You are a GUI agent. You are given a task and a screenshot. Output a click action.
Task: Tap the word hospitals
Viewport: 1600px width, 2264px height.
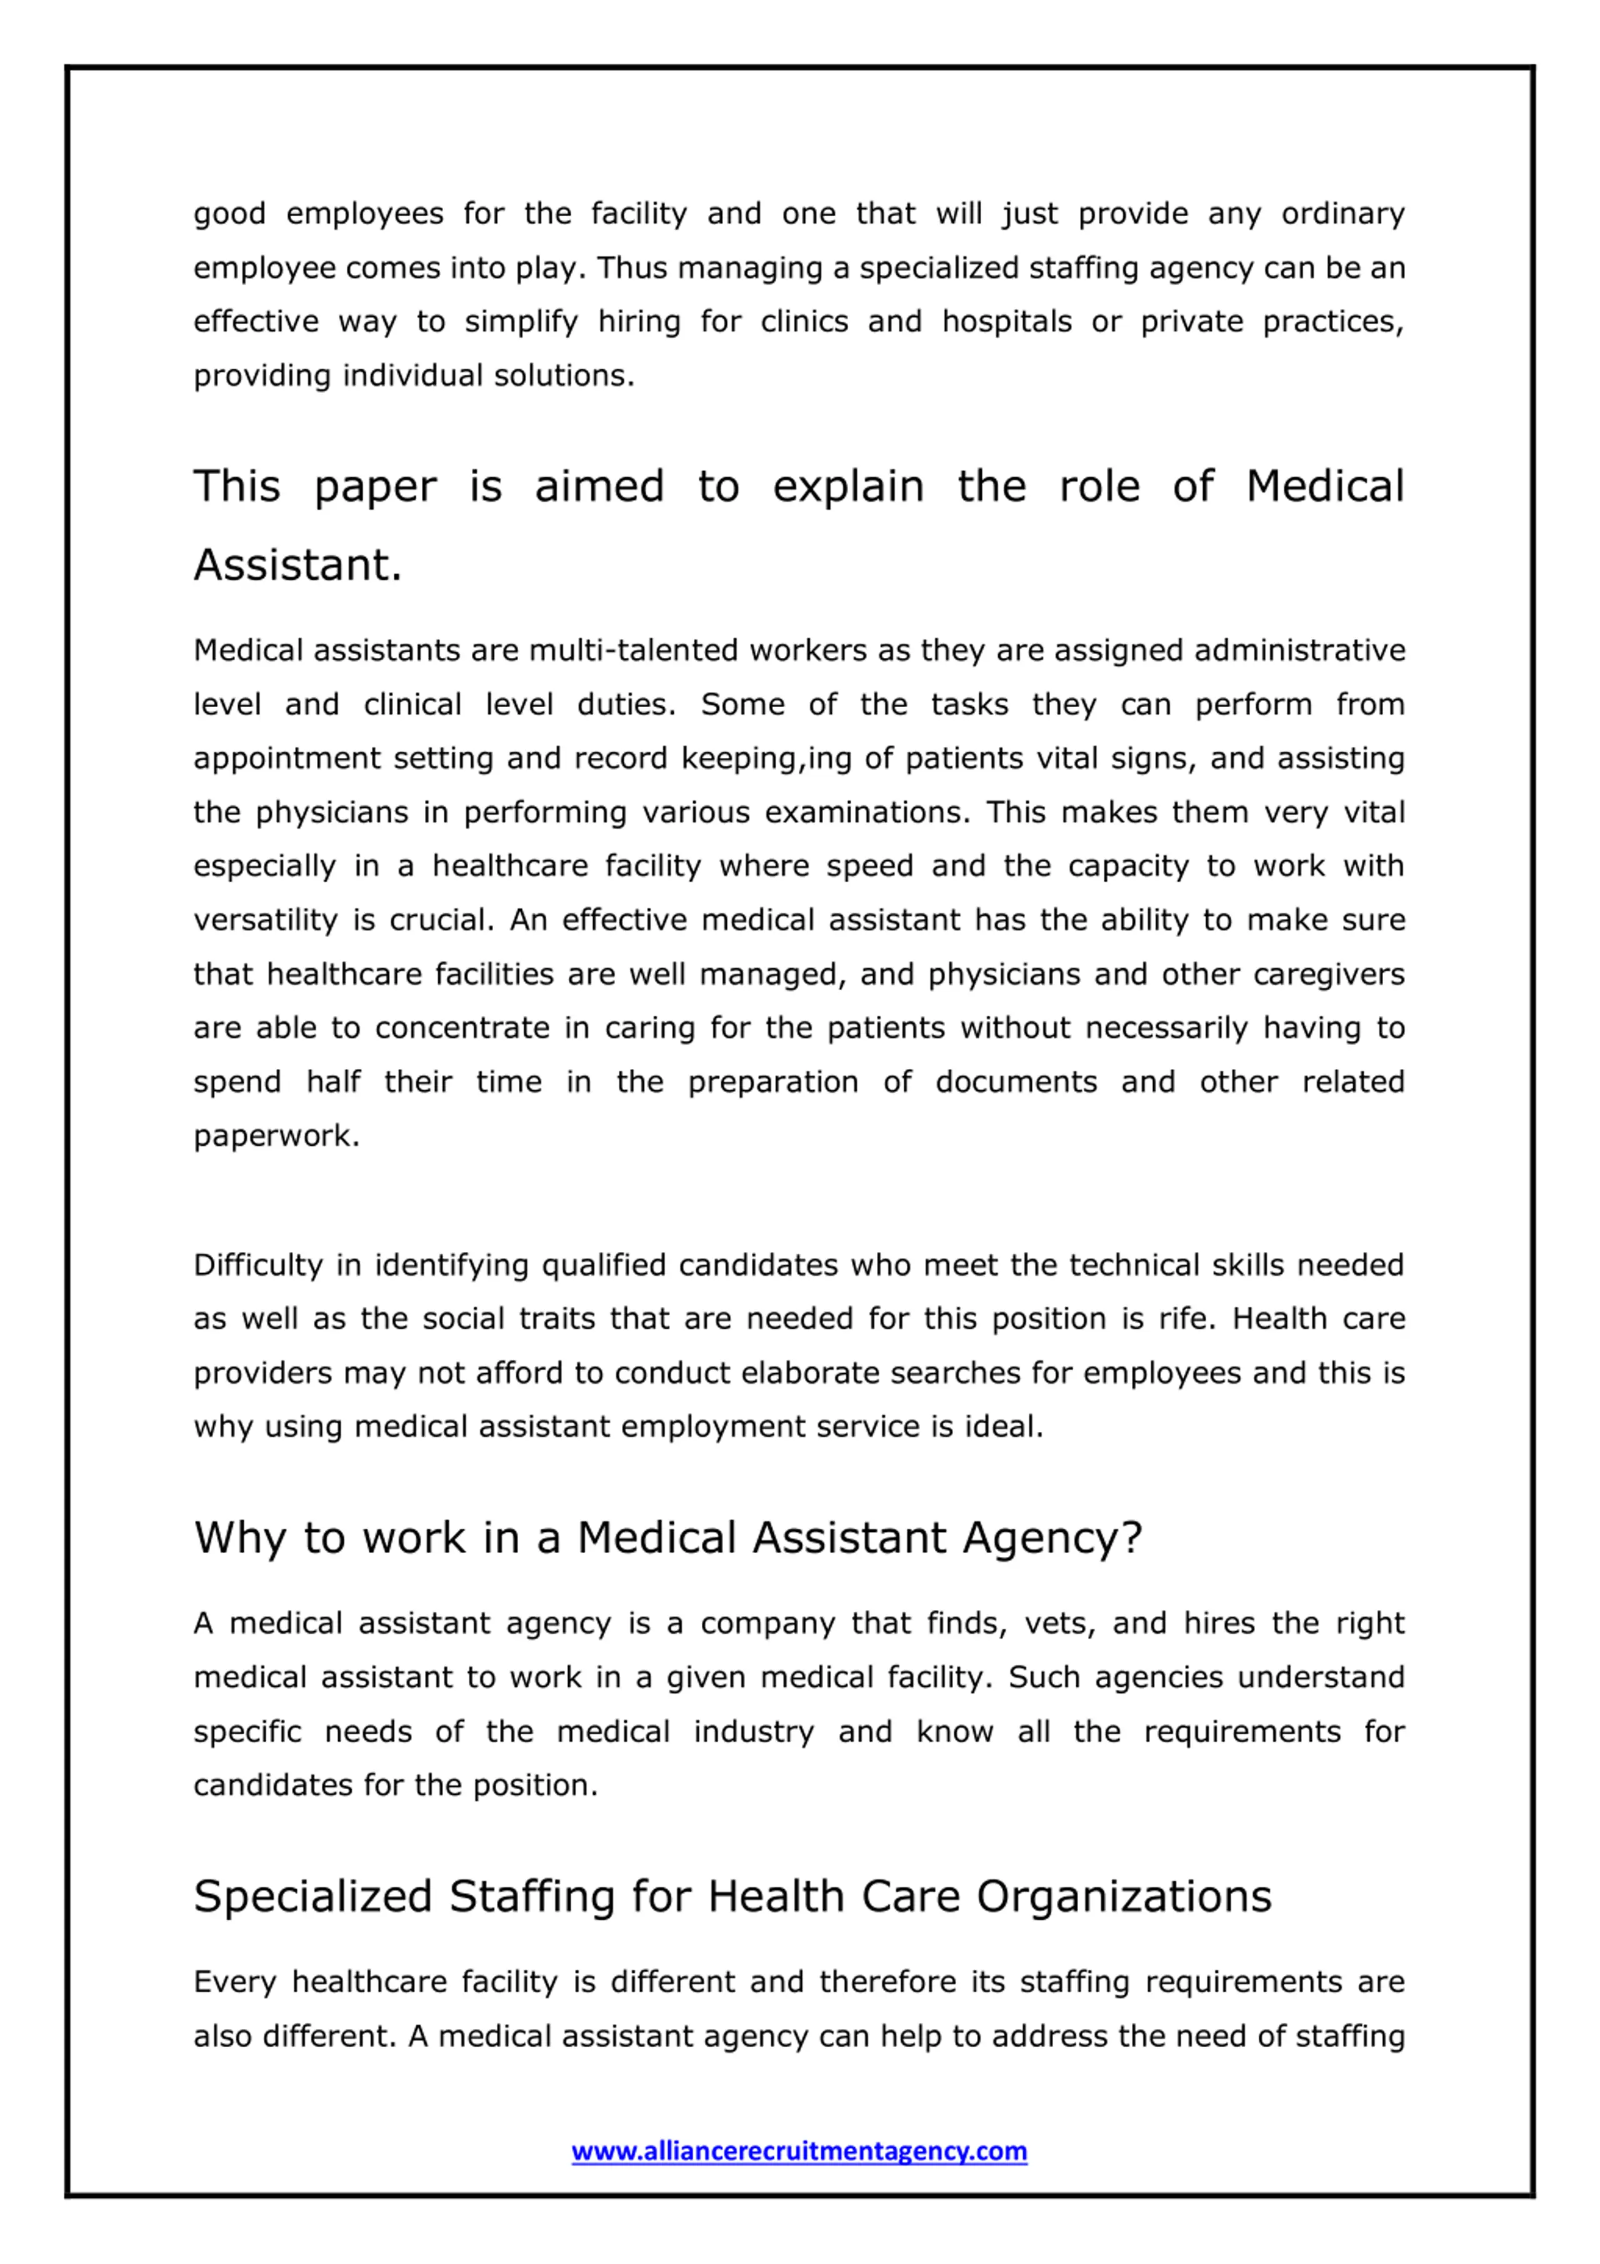click(x=1006, y=322)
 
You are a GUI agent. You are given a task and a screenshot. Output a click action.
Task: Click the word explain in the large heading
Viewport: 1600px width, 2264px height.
click(x=847, y=487)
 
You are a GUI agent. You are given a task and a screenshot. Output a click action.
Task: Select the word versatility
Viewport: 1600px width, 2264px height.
click(x=266, y=920)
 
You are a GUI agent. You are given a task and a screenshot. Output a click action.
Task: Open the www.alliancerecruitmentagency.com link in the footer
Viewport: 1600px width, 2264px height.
click(x=799, y=2150)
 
